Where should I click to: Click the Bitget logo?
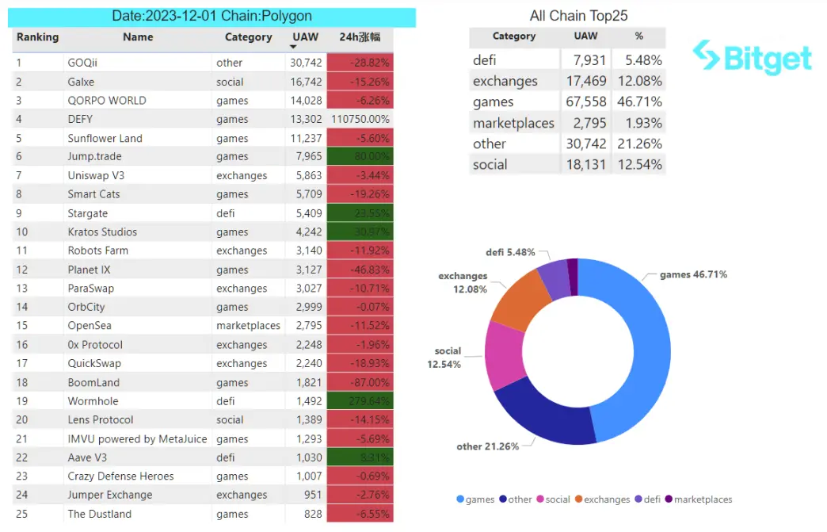752,57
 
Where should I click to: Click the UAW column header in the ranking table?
305,37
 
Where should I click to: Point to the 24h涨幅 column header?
360,37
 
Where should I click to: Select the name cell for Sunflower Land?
105,138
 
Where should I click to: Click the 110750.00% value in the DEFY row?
360,119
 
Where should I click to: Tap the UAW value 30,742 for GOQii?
306,63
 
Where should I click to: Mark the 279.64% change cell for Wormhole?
360,401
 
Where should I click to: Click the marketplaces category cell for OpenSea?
248,326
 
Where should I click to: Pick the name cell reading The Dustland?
100,514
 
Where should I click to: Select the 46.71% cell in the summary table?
643,102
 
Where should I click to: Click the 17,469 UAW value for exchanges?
586,81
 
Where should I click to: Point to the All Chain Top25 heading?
578,16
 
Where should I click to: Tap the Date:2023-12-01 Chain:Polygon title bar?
212,17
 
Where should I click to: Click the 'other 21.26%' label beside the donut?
487,446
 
